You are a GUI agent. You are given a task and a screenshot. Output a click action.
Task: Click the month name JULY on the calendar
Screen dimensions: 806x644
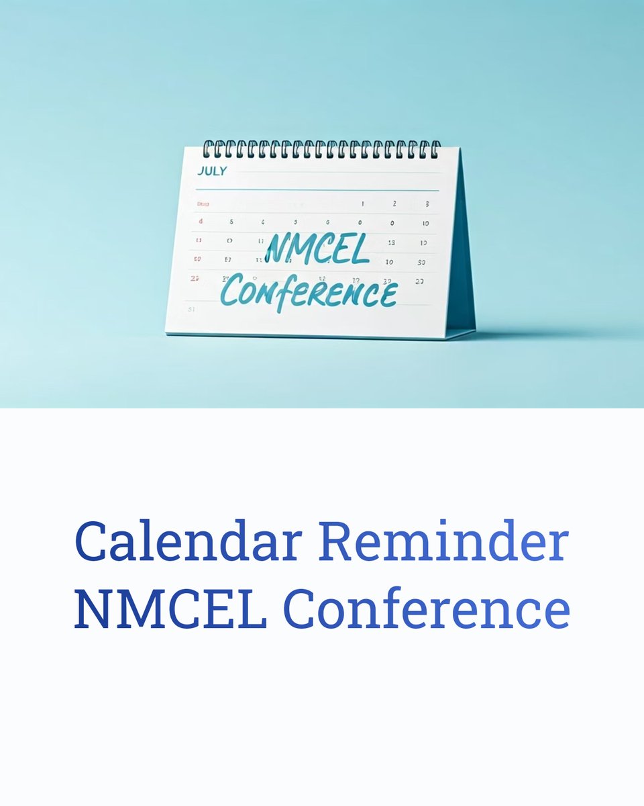coord(212,171)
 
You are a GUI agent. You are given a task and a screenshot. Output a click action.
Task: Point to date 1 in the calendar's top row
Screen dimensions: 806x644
coord(363,203)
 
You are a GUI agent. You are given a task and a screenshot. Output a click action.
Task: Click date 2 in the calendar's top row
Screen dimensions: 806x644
coord(394,203)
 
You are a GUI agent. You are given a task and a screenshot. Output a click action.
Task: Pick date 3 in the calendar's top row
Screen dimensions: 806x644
coord(427,204)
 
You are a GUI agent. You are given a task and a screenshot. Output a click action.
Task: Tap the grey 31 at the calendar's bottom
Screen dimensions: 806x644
coord(192,309)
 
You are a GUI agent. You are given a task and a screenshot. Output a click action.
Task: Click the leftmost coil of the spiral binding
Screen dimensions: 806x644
coord(207,148)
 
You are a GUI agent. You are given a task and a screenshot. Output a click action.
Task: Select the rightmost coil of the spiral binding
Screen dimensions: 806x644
coord(436,148)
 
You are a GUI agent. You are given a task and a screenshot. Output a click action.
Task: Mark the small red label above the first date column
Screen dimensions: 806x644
coord(203,204)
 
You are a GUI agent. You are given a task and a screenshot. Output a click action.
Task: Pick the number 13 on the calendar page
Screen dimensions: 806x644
coord(391,242)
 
